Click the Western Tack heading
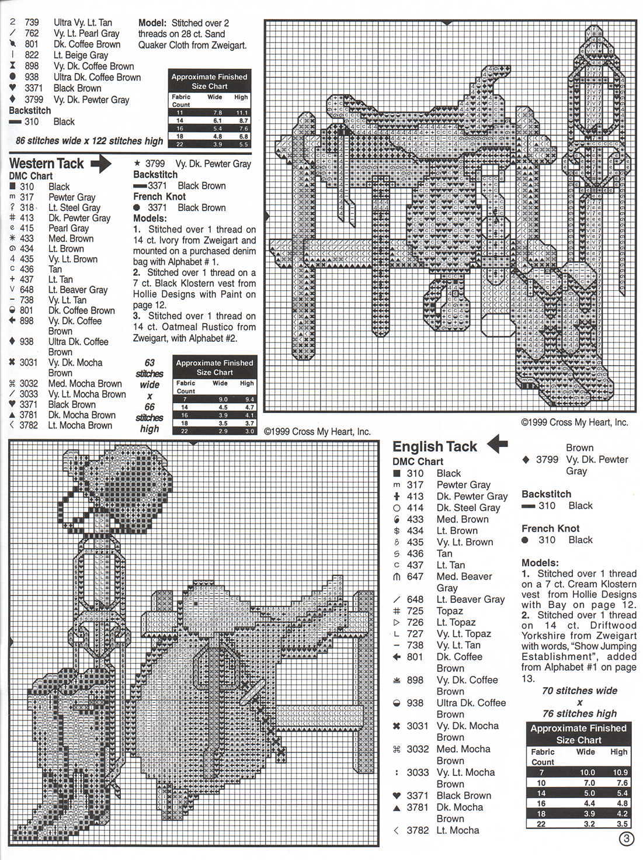pyautogui.click(x=47, y=164)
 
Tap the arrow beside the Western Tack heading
pyautogui.click(x=100, y=164)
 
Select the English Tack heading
pyautogui.click(x=435, y=447)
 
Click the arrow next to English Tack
pyautogui.click(x=497, y=445)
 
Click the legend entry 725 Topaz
pyautogui.click(x=449, y=611)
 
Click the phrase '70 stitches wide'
pyautogui.click(x=579, y=691)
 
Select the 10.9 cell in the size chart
pyautogui.click(x=619, y=772)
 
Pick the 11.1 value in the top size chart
pyautogui.click(x=241, y=112)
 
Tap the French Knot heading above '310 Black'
pyautogui.click(x=550, y=528)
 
